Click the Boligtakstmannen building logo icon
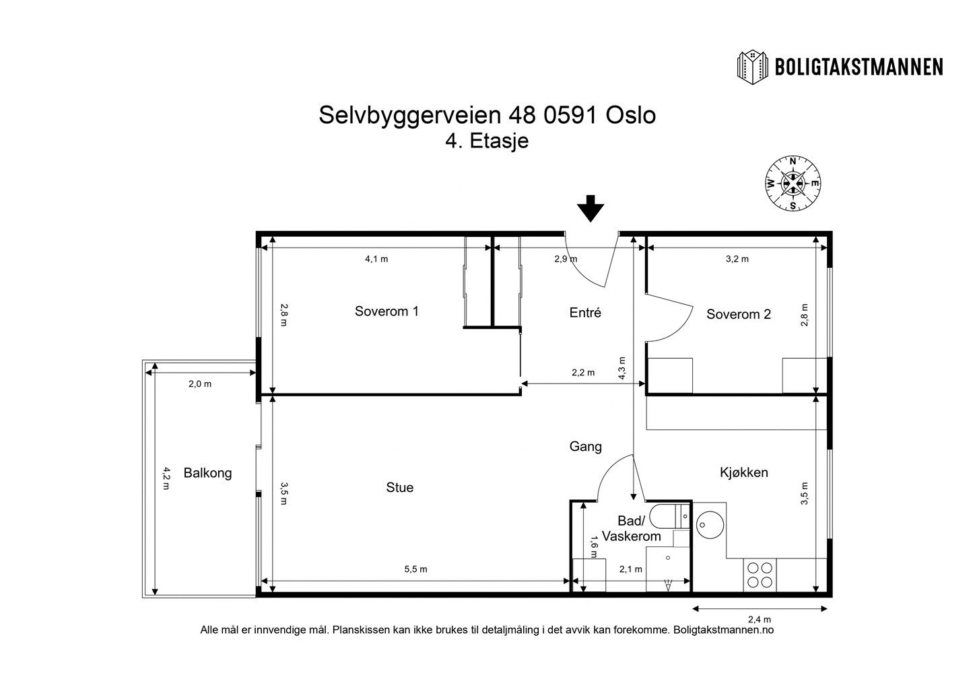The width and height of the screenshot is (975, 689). click(753, 67)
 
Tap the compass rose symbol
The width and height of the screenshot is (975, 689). click(793, 184)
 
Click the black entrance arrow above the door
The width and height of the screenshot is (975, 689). click(591, 209)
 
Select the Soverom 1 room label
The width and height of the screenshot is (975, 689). click(386, 312)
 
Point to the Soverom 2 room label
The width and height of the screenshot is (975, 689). click(738, 314)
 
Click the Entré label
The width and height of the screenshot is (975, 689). click(585, 312)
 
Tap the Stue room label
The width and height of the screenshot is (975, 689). click(399, 487)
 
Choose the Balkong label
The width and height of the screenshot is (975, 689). click(207, 473)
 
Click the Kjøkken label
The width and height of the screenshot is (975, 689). click(744, 472)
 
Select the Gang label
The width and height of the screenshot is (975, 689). click(585, 447)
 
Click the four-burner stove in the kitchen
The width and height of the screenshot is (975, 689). click(760, 575)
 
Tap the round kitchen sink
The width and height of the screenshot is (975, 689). click(710, 525)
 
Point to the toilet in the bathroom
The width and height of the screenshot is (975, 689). click(669, 516)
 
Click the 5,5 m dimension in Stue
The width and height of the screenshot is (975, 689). click(415, 569)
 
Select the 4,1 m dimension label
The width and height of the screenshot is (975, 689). click(376, 259)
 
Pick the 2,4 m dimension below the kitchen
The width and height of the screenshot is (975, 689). click(760, 619)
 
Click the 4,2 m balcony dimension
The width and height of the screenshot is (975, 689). click(166, 478)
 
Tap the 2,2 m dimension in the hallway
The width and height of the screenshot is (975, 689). click(583, 373)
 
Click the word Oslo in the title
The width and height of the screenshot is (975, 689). click(631, 116)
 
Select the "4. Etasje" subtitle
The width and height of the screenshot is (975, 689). click(487, 141)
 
